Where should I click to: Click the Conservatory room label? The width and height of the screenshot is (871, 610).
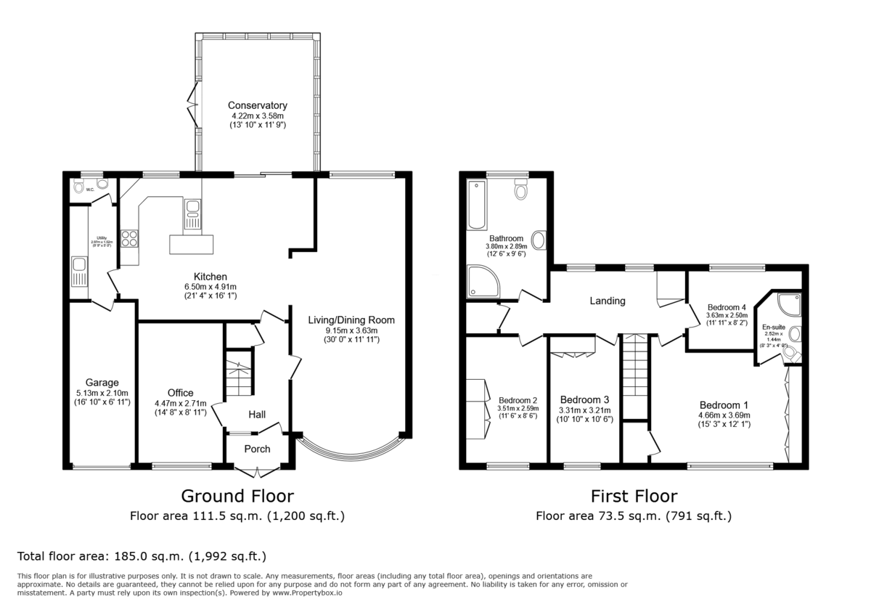[257, 105]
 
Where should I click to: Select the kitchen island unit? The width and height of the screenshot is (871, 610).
[192, 244]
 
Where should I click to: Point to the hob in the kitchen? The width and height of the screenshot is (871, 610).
[130, 239]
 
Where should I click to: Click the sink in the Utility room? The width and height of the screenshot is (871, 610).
[78, 272]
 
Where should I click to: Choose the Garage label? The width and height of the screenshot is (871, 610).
[102, 383]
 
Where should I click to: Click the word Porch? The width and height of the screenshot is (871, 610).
[257, 449]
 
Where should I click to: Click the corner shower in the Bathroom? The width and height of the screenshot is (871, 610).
[481, 282]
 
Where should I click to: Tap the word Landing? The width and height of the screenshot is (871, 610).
[607, 301]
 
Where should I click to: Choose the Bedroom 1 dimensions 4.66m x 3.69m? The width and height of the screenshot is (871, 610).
[724, 415]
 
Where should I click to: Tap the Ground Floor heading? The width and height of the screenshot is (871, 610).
[237, 496]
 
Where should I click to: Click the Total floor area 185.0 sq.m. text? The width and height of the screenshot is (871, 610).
[142, 557]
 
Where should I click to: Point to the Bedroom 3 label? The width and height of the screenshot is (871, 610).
[584, 400]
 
